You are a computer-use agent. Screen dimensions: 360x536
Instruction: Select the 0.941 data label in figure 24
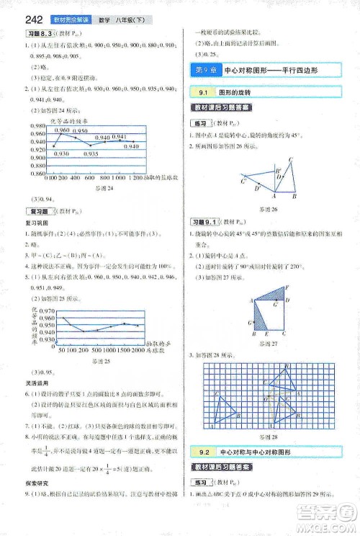tap(119, 137)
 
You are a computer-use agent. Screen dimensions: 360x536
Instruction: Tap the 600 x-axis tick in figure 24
tap(89, 177)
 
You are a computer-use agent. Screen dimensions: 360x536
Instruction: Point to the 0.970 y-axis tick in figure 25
tap(46, 310)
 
